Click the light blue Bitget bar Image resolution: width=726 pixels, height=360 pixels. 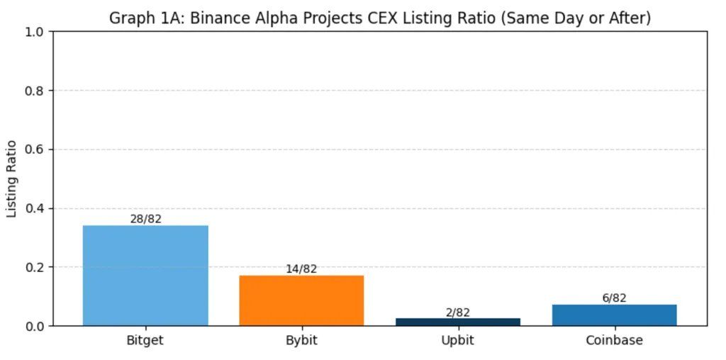145,276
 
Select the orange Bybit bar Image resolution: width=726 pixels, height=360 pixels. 301,300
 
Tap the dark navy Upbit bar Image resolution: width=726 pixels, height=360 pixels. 457,322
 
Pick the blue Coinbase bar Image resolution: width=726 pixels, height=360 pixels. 614,315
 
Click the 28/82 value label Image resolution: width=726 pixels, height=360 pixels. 145,219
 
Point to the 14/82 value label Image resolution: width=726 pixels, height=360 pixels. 301,269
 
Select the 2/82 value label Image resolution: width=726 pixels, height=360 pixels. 457,313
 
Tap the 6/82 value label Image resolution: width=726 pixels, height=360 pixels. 614,298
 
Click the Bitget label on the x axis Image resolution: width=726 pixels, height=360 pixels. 145,340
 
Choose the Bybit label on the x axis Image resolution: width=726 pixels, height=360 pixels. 301,340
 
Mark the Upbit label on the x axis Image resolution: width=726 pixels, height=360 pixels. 457,340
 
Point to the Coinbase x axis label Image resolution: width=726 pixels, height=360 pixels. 614,340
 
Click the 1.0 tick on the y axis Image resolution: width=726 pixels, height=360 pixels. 35,32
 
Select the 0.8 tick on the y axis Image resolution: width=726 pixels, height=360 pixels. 35,91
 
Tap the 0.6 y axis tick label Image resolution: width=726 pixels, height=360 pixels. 35,150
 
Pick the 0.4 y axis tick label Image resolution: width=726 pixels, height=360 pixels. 35,208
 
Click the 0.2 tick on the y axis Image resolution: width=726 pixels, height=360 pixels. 35,267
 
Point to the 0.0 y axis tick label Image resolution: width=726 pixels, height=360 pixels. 35,326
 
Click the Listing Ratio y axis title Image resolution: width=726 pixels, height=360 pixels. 12,179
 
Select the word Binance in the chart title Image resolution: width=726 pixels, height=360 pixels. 215,18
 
